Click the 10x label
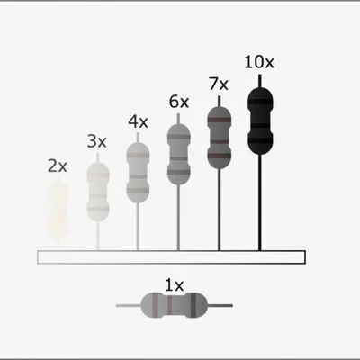259,62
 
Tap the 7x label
219,84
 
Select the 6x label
179,102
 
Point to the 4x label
138,121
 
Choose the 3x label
97,141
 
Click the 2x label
58,166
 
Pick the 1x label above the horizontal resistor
174,285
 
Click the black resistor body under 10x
260,121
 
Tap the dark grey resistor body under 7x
220,138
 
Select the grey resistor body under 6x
178,155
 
